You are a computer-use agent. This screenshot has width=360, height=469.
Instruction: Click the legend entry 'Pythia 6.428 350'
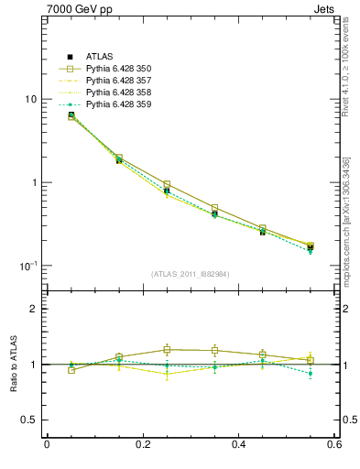[x=117, y=69]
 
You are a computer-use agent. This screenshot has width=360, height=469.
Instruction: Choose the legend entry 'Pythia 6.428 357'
[x=117, y=81]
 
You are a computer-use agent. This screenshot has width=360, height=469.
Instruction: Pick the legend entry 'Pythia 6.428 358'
[x=117, y=93]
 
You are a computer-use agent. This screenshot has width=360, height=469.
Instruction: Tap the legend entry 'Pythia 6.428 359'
[x=117, y=104]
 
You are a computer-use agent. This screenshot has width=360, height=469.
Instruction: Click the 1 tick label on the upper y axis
[x=35, y=182]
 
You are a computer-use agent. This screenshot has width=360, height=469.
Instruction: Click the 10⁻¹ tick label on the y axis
[x=30, y=266]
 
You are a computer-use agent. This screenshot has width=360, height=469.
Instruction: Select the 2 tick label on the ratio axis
[x=35, y=310]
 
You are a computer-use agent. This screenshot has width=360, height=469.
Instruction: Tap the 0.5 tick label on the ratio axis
[x=30, y=420]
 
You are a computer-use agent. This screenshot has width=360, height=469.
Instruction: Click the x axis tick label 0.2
[x=142, y=445]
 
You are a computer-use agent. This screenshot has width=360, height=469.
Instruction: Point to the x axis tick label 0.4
[x=238, y=445]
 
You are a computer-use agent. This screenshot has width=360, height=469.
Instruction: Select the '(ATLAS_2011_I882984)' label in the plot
[x=190, y=274]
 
